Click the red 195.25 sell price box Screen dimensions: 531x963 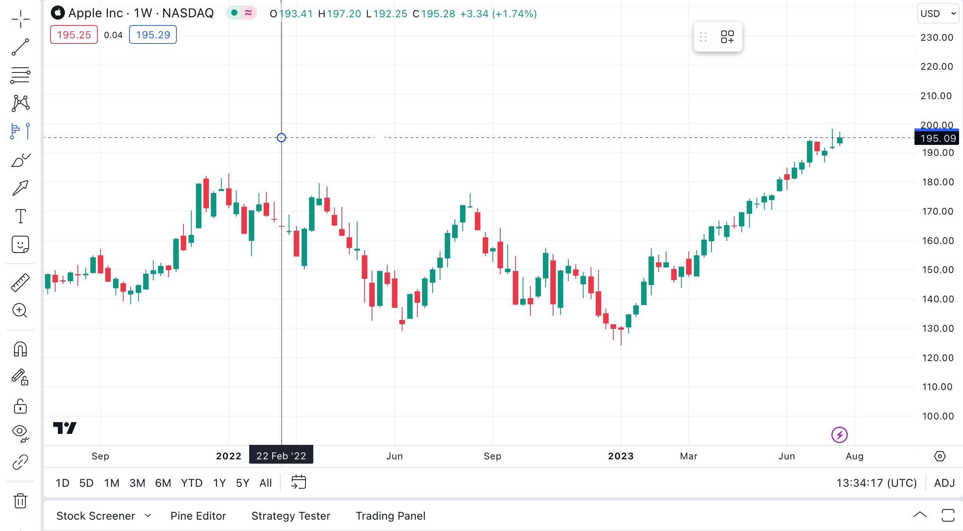(x=74, y=35)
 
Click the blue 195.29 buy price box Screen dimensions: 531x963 (x=153, y=35)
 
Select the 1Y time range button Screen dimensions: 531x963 (x=219, y=483)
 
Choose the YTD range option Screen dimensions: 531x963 (x=192, y=483)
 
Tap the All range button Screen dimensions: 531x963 (x=266, y=483)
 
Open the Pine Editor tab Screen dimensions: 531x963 (x=198, y=516)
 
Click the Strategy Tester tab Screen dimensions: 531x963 (x=291, y=516)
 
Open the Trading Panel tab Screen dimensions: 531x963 (x=390, y=516)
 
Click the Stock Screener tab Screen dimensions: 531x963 (x=96, y=516)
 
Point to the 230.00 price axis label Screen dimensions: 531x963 (x=937, y=38)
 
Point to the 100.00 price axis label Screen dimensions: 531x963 (x=938, y=416)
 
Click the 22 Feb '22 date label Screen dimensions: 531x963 (x=281, y=456)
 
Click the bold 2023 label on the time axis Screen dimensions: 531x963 (x=621, y=456)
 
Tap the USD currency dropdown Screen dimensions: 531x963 (x=938, y=14)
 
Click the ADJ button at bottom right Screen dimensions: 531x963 (x=945, y=483)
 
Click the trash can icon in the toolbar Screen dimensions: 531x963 (x=20, y=500)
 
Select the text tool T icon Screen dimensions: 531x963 (x=20, y=216)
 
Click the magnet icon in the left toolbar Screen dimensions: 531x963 (x=20, y=349)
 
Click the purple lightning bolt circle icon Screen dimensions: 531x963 (x=839, y=435)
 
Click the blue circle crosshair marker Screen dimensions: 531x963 (x=281, y=137)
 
